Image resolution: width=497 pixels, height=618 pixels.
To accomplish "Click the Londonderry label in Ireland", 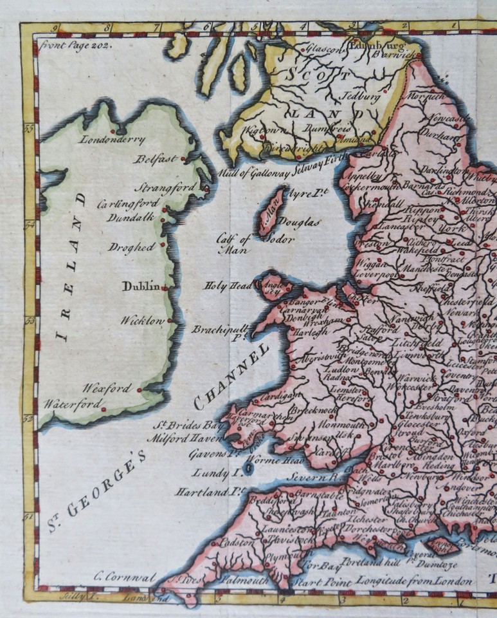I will [112, 139].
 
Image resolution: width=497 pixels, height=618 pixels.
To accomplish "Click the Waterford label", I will [72, 404].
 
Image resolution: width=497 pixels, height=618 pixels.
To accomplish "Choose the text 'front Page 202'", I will [75, 46].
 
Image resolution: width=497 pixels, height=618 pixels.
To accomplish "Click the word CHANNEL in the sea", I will [230, 375].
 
